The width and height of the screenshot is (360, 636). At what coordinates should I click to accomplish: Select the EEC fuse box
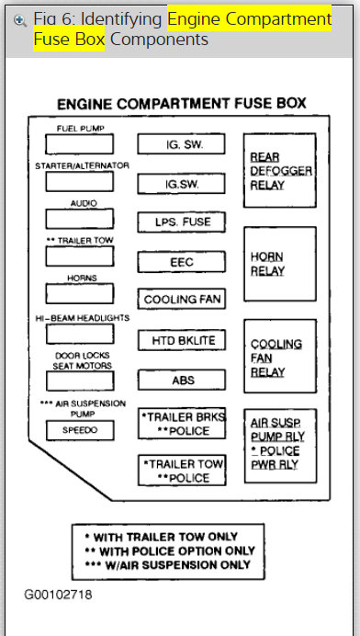182,261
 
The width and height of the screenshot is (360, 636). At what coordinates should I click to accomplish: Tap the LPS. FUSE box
182,221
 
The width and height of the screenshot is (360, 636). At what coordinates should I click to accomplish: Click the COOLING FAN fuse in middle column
182,300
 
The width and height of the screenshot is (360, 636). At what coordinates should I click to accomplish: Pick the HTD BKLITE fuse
182,340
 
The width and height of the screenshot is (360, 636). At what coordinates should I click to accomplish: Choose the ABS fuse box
182,380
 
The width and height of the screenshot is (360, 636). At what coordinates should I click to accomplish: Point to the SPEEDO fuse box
80,429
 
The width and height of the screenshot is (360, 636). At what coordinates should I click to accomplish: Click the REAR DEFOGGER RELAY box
279,171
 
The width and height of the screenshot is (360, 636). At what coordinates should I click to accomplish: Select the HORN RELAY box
279,264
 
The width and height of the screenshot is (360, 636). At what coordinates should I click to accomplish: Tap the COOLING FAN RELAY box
279,358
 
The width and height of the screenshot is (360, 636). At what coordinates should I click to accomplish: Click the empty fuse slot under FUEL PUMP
80,144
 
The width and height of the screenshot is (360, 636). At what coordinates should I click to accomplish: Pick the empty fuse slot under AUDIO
80,219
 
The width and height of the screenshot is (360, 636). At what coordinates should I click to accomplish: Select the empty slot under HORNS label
80,293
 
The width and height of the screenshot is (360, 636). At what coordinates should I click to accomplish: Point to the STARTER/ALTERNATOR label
82,165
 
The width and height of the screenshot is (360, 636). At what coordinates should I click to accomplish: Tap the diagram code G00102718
59,595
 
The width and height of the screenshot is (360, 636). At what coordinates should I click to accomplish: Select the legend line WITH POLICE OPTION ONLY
168,550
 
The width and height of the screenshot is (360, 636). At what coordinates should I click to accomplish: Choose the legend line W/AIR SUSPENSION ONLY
168,563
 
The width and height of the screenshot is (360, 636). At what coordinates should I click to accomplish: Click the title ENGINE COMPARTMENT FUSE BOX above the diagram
182,104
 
